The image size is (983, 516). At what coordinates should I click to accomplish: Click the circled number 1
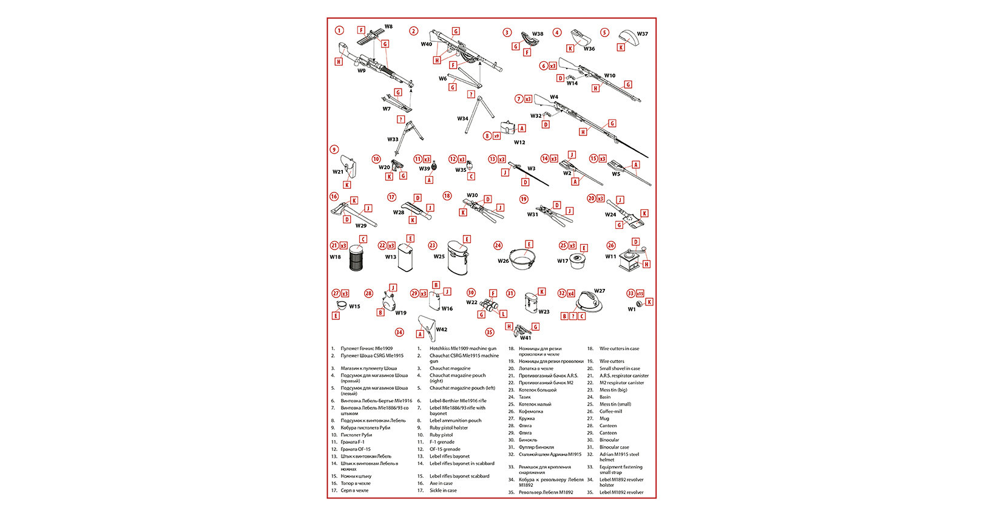(x=339, y=30)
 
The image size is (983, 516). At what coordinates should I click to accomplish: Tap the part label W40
(x=427, y=44)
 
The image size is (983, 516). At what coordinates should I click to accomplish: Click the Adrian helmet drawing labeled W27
(x=587, y=302)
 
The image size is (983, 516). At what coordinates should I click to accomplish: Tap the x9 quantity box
(x=496, y=136)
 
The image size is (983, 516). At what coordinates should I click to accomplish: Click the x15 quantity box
(x=640, y=294)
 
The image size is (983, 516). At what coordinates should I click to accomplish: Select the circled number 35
(x=489, y=332)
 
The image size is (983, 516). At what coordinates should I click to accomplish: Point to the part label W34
(x=462, y=119)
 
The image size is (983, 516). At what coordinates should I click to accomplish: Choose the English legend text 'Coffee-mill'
(x=610, y=412)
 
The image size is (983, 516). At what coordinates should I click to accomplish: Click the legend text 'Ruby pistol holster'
(x=448, y=428)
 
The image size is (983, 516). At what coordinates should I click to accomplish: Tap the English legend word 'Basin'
(x=605, y=397)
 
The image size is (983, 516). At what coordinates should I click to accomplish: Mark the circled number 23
(x=433, y=246)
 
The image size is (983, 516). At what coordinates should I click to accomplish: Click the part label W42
(x=442, y=330)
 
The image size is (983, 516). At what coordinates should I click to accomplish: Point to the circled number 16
(x=334, y=197)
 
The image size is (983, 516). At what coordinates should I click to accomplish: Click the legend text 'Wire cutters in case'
(x=619, y=349)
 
